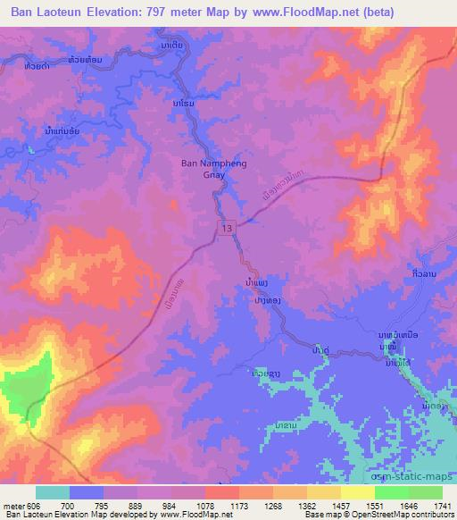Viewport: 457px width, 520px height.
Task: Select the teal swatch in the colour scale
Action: pos(53,491)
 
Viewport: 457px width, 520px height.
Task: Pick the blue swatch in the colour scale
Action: pos(87,491)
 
